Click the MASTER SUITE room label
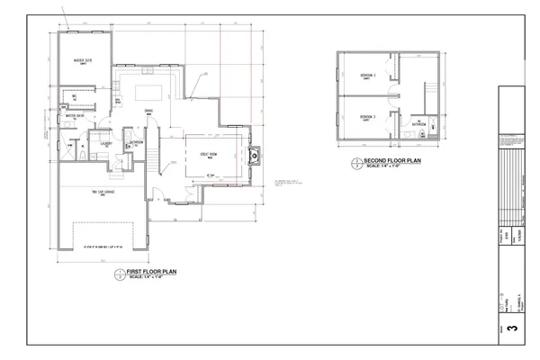pos(85,61)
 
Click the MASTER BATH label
pos(75,115)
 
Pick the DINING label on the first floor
pos(148,111)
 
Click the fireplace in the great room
pos(253,155)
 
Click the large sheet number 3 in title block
pos(513,329)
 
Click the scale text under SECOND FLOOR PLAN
pos(392,167)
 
